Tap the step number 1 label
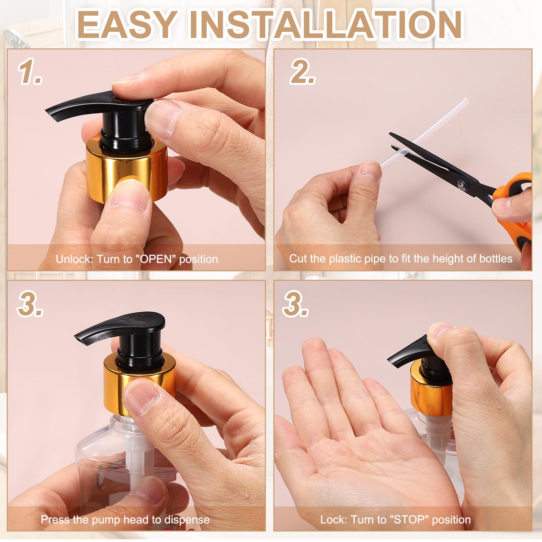[30, 72]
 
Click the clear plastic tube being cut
[424, 132]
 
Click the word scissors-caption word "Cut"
[298, 259]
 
